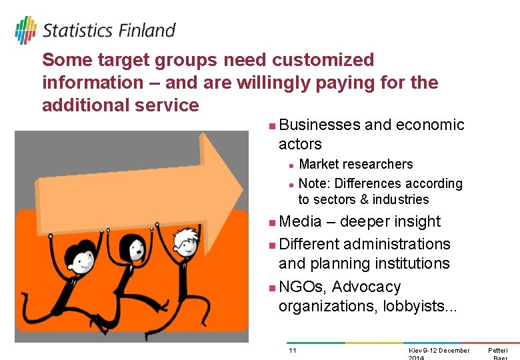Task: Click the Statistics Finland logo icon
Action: click(x=25, y=31)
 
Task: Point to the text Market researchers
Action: click(x=355, y=164)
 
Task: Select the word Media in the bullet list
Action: click(x=299, y=221)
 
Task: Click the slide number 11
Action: click(x=292, y=351)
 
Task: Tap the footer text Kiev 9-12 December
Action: click(x=439, y=351)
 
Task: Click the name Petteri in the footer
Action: click(x=497, y=351)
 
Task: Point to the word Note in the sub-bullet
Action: click(x=312, y=183)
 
